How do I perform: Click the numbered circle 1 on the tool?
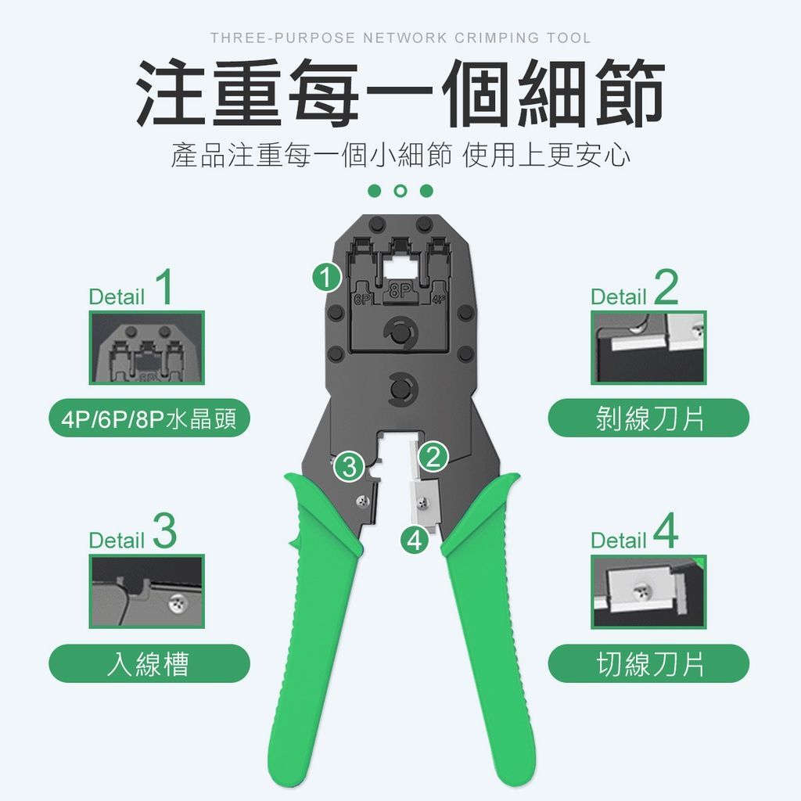click(x=327, y=278)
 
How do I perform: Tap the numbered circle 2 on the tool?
click(x=433, y=457)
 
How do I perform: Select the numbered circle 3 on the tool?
click(x=350, y=466)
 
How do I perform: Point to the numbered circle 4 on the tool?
click(x=415, y=540)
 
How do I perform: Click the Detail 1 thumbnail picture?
click(x=147, y=348)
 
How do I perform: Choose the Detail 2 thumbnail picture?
click(x=648, y=348)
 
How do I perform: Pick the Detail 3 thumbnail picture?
click(x=147, y=591)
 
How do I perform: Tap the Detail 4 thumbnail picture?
click(x=648, y=591)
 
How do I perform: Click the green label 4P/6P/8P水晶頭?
click(x=149, y=418)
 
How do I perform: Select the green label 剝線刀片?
click(x=648, y=418)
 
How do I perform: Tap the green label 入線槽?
click(x=149, y=663)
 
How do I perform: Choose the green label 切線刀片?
click(x=648, y=663)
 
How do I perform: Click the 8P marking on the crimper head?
click(x=400, y=291)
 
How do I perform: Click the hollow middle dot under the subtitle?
click(x=401, y=191)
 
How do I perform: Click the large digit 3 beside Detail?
click(x=164, y=531)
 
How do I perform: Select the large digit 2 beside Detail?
click(x=666, y=287)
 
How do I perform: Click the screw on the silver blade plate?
click(x=422, y=504)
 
